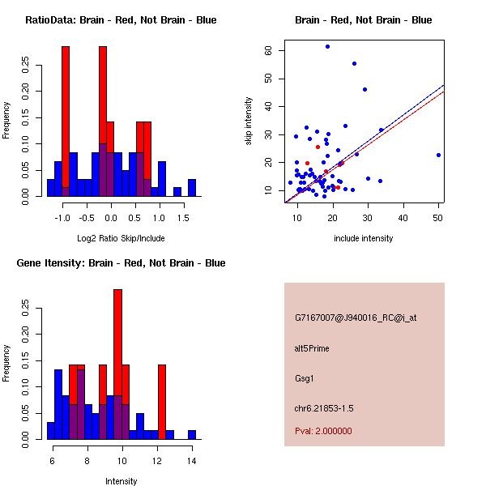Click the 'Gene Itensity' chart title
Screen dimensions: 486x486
click(x=121, y=263)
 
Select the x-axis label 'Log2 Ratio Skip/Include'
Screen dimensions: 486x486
click(x=121, y=238)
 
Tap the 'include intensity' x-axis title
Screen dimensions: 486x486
click(x=364, y=238)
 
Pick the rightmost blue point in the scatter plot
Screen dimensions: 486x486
click(x=438, y=155)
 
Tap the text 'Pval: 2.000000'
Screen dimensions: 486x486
click(x=323, y=432)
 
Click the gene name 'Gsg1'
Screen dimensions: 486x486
click(x=304, y=377)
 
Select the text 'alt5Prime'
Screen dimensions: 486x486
click(x=312, y=349)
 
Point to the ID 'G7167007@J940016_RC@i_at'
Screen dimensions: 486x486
click(x=356, y=318)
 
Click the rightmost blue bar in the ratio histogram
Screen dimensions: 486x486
click(x=192, y=188)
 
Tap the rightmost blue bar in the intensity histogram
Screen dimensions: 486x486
click(x=192, y=435)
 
